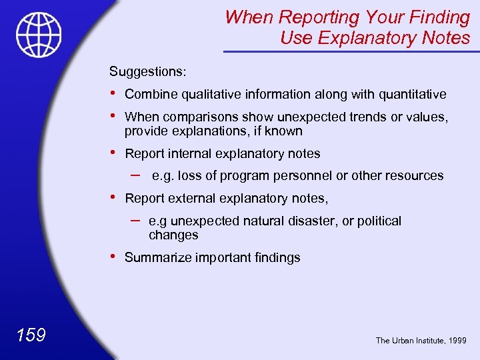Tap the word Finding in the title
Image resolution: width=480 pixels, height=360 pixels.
[437, 17]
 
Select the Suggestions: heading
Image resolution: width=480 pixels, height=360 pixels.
[148, 71]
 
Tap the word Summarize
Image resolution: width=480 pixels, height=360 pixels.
[158, 258]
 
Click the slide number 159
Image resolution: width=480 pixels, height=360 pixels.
[31, 335]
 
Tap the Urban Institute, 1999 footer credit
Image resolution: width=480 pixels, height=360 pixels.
[421, 341]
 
